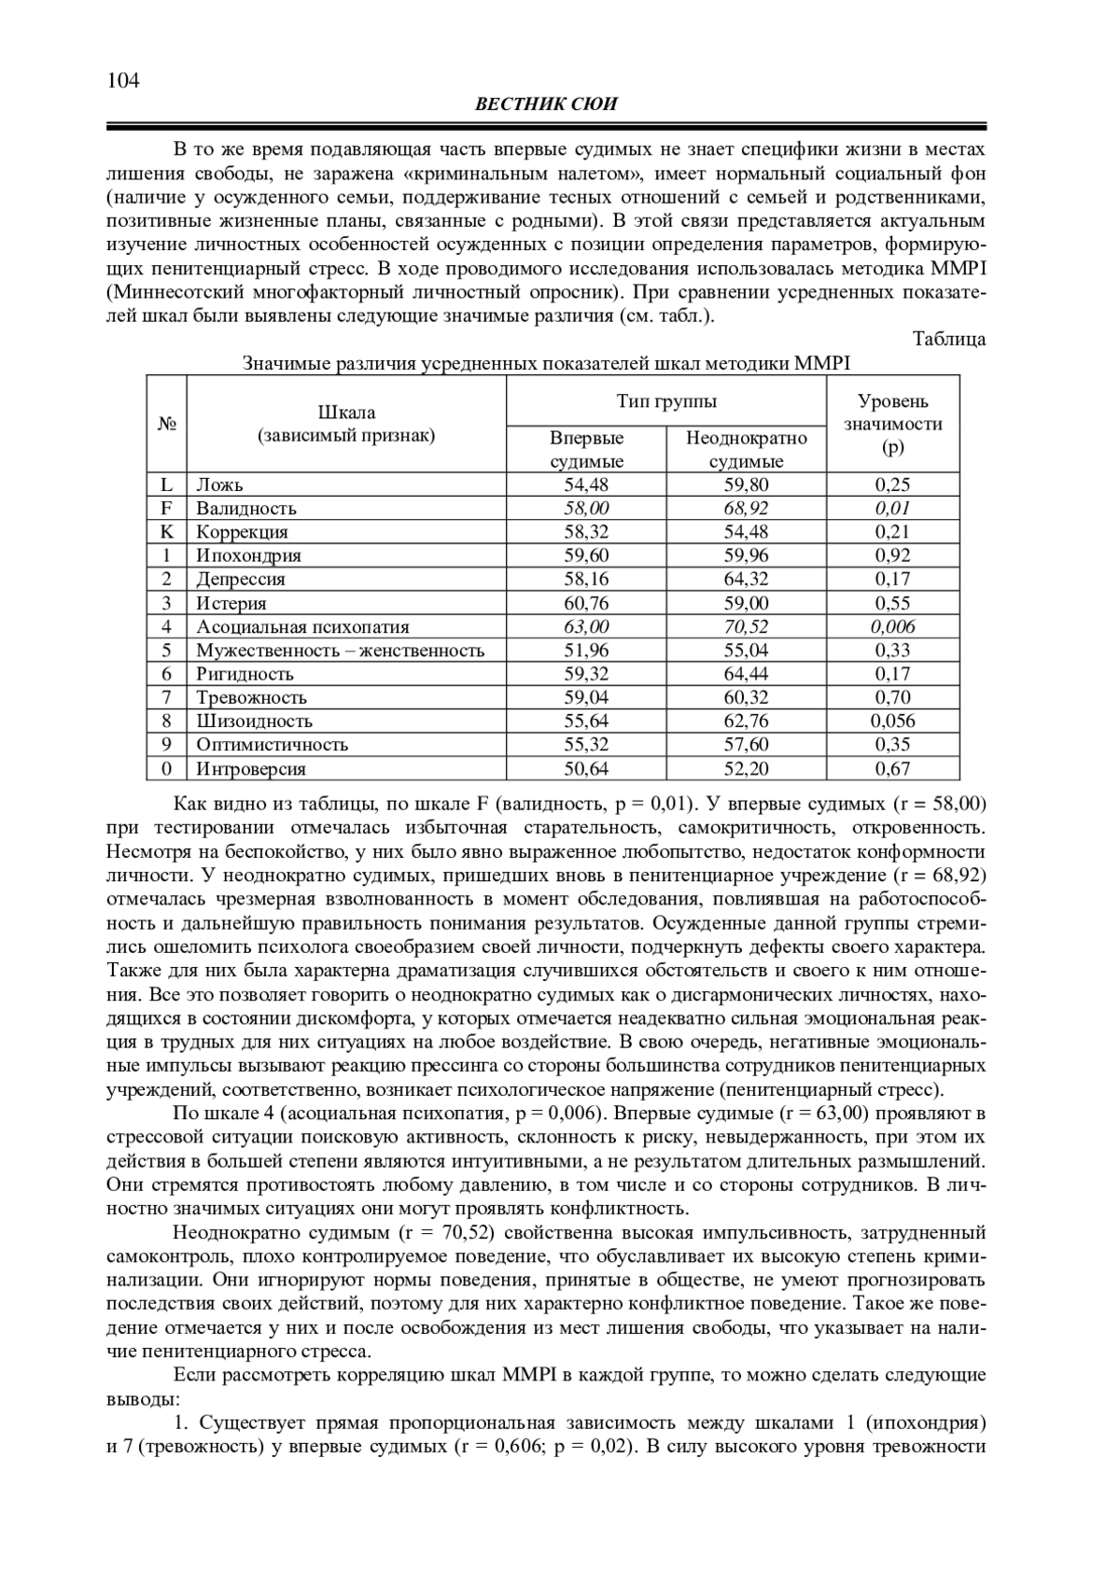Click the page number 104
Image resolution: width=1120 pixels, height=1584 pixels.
tap(123, 80)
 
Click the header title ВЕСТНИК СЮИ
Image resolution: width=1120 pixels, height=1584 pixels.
tap(546, 105)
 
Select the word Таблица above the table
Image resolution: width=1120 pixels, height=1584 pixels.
tap(948, 339)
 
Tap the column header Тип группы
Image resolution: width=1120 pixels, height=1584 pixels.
tap(666, 401)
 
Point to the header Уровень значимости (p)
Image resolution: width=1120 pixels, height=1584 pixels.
tap(892, 424)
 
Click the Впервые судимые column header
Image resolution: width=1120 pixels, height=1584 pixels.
tap(586, 449)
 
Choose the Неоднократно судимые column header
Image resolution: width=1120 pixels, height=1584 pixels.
tap(746, 449)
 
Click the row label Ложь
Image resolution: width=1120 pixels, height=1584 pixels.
tap(219, 484)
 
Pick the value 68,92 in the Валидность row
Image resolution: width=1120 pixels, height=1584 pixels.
tap(746, 509)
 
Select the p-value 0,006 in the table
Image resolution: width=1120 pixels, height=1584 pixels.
tap(892, 626)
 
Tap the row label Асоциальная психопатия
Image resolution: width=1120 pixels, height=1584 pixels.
tap(302, 626)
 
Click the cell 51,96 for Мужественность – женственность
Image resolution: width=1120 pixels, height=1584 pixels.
tap(586, 651)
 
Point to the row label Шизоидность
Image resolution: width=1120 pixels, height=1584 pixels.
tap(254, 721)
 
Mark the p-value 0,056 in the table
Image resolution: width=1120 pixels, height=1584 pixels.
tap(892, 721)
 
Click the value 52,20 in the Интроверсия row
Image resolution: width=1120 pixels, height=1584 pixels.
tap(746, 768)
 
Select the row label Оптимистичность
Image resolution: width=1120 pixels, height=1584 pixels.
tap(272, 744)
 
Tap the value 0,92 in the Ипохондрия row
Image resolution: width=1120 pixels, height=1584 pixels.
tap(892, 555)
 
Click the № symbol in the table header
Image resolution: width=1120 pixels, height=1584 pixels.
tap(166, 424)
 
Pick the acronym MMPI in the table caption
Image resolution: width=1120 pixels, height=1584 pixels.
tap(821, 363)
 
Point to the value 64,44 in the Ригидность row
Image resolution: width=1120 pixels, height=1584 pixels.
tap(746, 674)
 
